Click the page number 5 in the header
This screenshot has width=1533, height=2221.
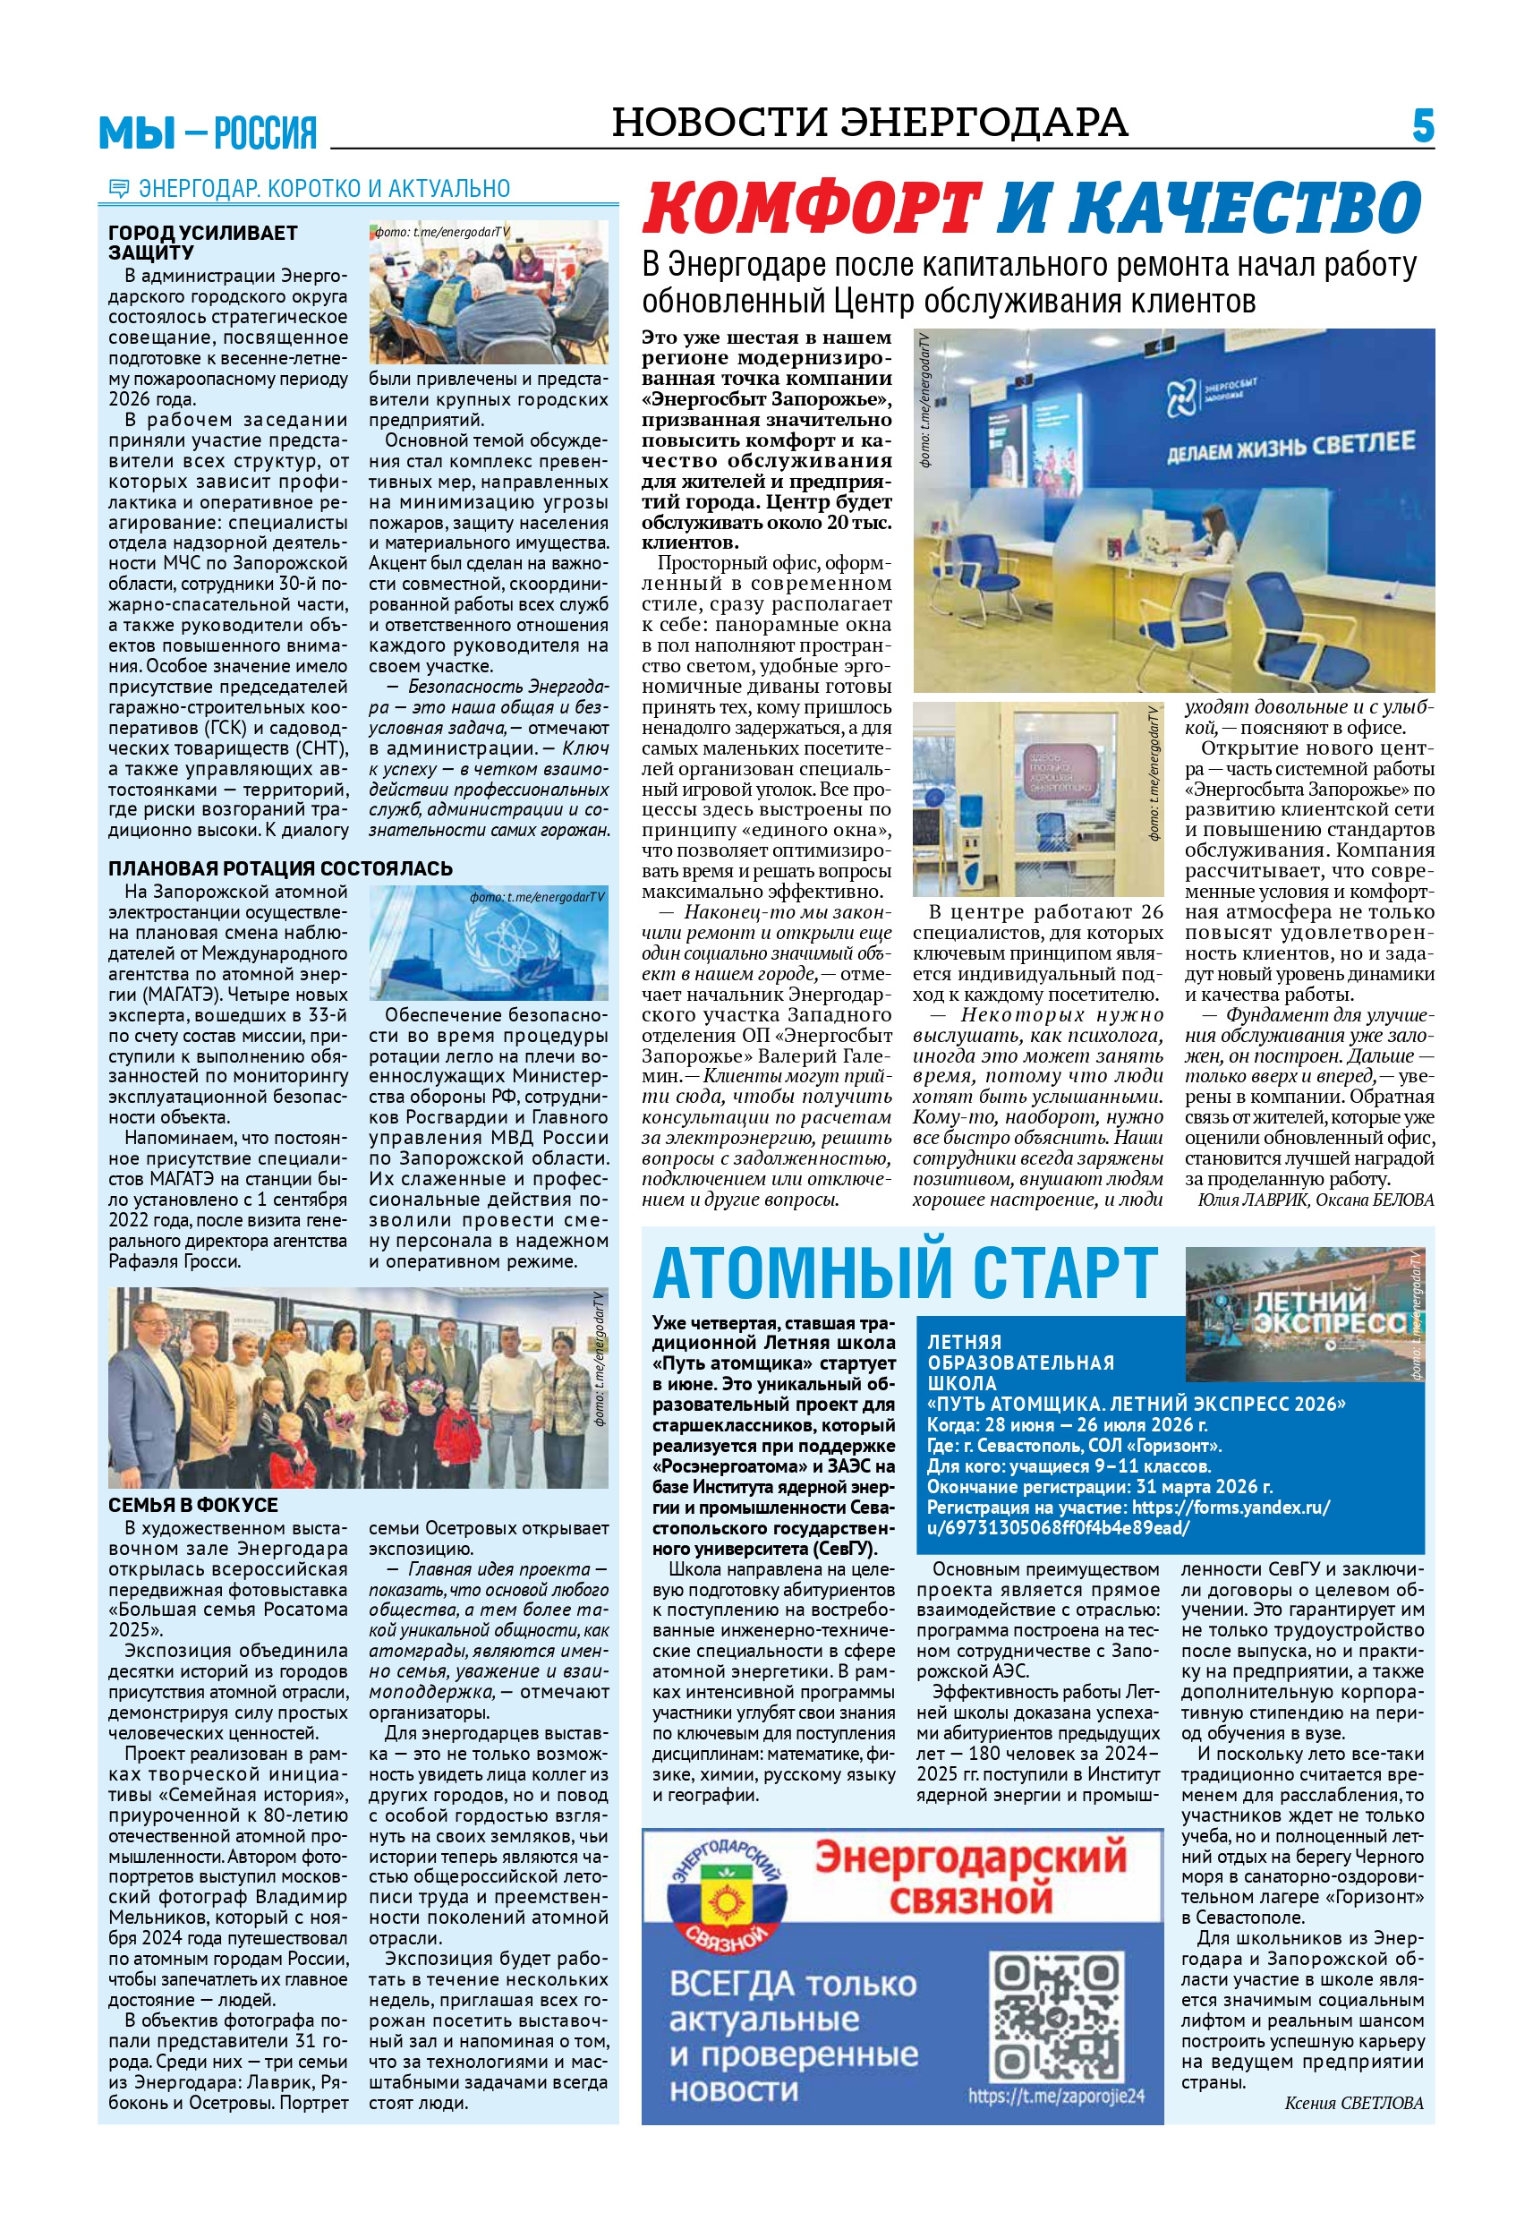[1423, 127]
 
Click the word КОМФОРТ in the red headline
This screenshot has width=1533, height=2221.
[812, 209]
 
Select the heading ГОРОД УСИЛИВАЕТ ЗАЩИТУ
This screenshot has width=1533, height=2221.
[202, 242]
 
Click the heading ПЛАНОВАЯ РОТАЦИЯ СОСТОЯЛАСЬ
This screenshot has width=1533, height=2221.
[279, 868]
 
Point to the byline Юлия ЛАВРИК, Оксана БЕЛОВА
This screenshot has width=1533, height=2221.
[1315, 1200]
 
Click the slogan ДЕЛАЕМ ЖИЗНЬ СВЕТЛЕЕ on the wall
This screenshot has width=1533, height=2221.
[1290, 447]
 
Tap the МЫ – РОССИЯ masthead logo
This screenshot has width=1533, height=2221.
[208, 132]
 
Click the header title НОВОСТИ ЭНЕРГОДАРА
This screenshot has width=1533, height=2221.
[869, 123]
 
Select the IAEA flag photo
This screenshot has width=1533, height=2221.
[488, 943]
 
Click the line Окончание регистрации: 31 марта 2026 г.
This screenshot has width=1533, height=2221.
[1099, 1487]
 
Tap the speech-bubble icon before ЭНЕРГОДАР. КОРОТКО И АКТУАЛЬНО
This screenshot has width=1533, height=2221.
[119, 188]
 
